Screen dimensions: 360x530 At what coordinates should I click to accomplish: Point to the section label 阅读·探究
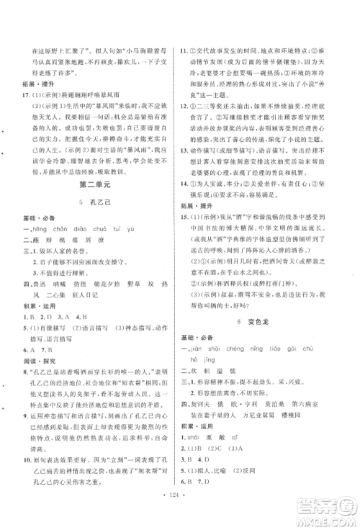pyautogui.click(x=34, y=363)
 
